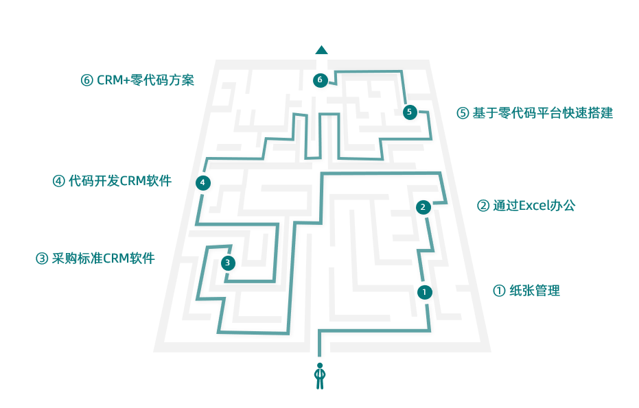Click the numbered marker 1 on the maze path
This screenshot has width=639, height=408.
coord(425,292)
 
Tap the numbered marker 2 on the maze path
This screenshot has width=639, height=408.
coord(423,206)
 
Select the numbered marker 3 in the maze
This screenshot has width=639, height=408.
coord(229,263)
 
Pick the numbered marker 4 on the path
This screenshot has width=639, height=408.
coord(202,182)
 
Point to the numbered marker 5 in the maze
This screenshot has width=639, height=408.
coord(410,112)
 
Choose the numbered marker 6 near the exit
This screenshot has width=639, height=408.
coord(319,80)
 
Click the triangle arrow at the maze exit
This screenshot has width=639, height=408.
coord(321,49)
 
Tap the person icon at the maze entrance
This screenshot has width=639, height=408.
coord(319,376)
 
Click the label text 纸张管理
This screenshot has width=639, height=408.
coord(535,291)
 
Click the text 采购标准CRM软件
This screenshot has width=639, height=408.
coord(103,259)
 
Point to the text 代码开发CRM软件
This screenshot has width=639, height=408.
coord(120,181)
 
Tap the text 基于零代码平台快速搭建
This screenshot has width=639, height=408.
coord(542,113)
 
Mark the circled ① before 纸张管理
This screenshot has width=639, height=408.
coord(499,291)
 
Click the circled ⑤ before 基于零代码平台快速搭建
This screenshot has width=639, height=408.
coord(463,113)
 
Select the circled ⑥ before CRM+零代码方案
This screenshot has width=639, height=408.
coord(86,80)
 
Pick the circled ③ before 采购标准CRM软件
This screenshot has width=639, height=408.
coord(42,259)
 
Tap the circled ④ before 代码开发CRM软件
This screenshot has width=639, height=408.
coord(58,181)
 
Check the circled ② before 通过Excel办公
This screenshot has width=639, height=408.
coord(483,205)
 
